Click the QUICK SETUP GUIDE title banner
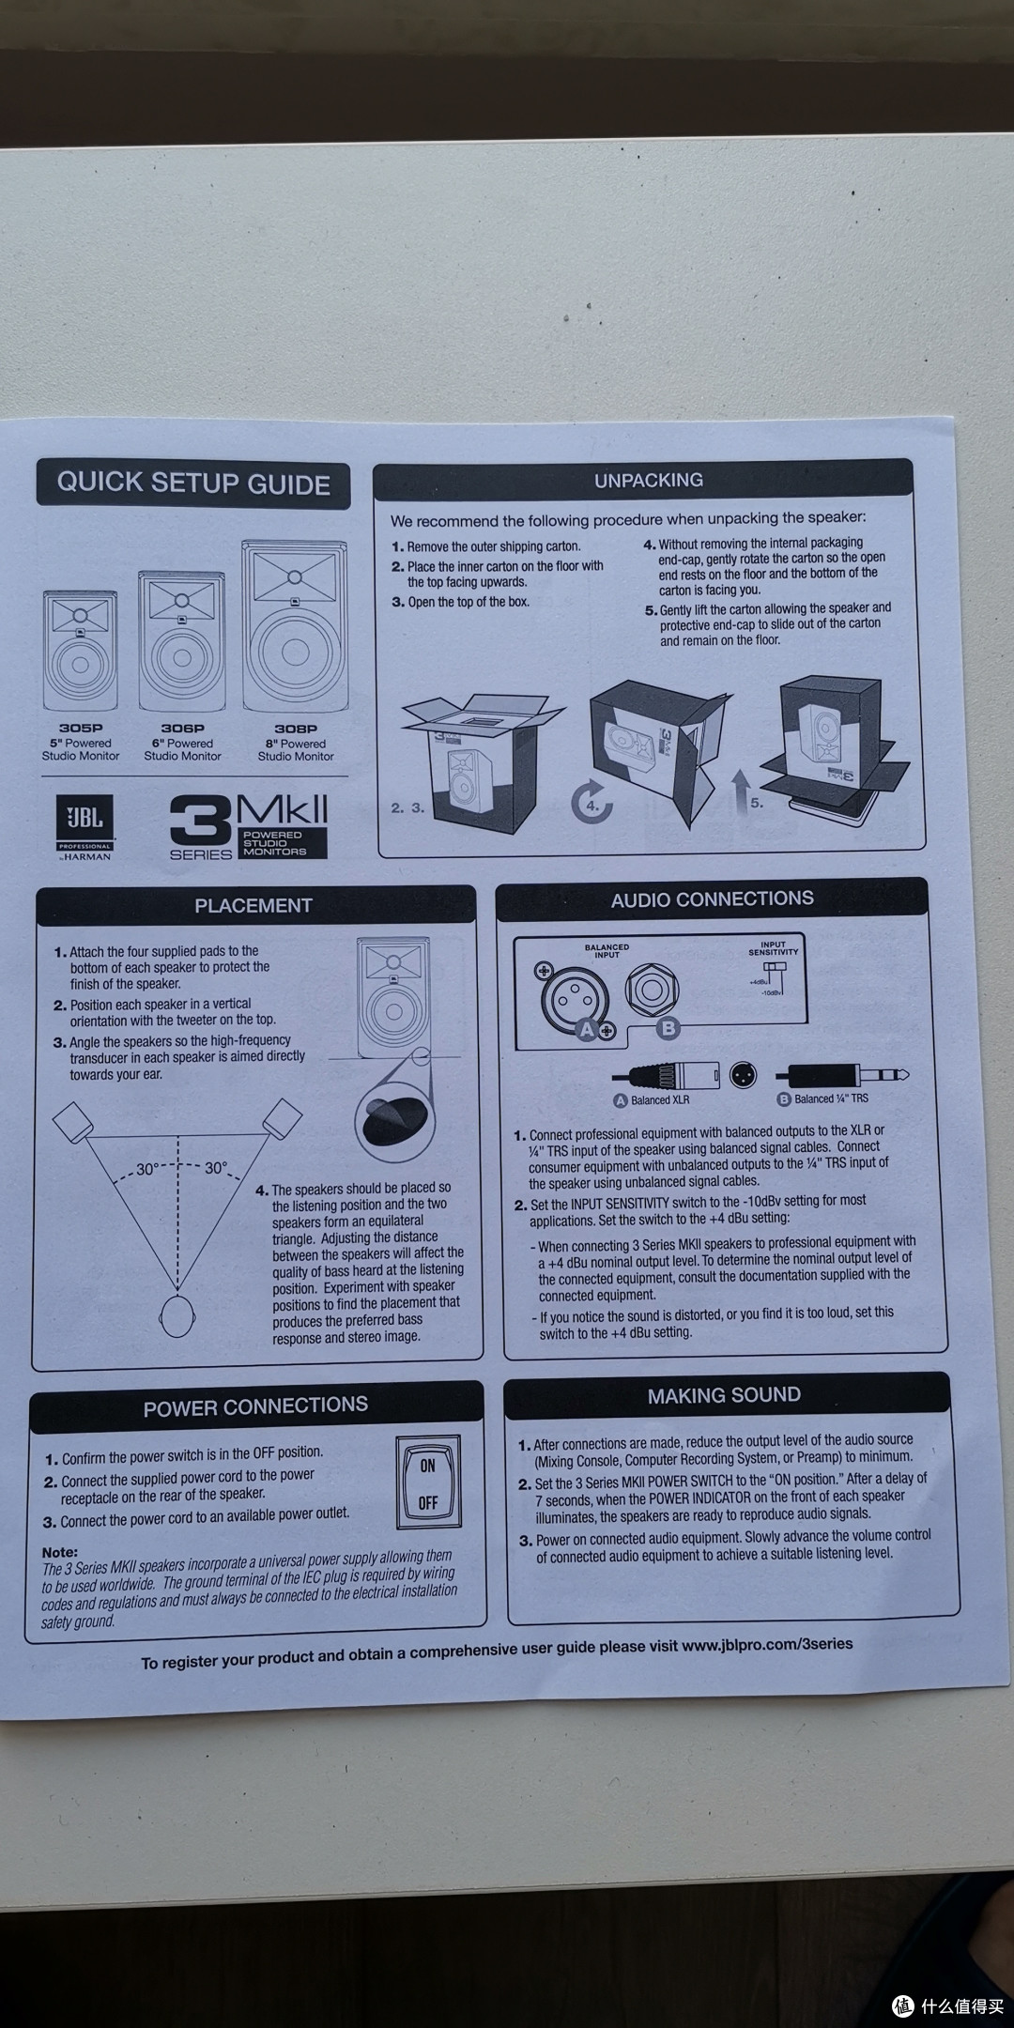coord(192,484)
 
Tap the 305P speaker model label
coord(80,728)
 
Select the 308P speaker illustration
coord(295,625)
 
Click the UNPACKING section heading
coord(648,480)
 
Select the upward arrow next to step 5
coord(740,789)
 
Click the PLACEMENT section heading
coord(253,905)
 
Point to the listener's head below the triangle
coord(178,1314)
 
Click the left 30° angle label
coord(147,1169)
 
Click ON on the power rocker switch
coord(427,1466)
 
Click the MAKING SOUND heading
coord(723,1395)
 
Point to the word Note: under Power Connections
coord(60,1552)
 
